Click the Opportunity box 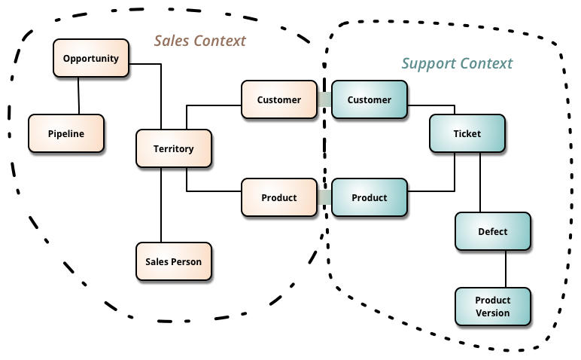(x=91, y=58)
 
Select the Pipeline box (x=65, y=133)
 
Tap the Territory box (x=173, y=148)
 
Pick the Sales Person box (x=173, y=261)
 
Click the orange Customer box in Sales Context (x=278, y=99)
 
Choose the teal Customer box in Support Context (x=369, y=99)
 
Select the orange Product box (x=278, y=197)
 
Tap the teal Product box (x=369, y=197)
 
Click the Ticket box (x=467, y=133)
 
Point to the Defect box (x=493, y=231)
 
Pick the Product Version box (x=493, y=307)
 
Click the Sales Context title (x=200, y=40)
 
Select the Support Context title (x=457, y=63)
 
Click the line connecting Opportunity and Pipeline (x=79, y=96)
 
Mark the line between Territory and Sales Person (x=161, y=205)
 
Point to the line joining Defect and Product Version (x=505, y=269)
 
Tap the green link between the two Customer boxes (x=324, y=99)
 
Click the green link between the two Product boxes (x=324, y=197)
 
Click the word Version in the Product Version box (x=493, y=313)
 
